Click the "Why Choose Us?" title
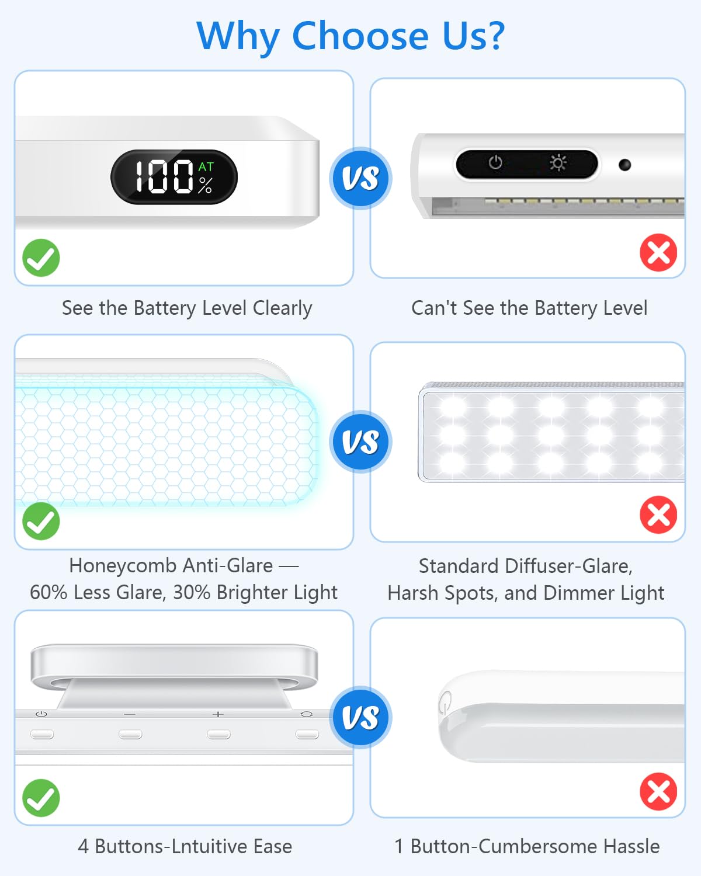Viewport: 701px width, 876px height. point(350,36)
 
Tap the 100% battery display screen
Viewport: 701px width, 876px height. point(174,177)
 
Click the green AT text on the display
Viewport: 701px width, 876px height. point(206,167)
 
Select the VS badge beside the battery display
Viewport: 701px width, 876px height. point(360,178)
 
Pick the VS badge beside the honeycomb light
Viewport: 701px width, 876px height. point(360,442)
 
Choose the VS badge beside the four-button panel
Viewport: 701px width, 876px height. point(360,718)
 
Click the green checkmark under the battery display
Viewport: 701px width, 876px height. point(41,258)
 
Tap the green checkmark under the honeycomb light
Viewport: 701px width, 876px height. point(41,521)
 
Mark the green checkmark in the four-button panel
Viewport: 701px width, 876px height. point(41,798)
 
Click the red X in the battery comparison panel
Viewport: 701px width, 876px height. point(658,253)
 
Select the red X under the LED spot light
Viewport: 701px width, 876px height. point(658,515)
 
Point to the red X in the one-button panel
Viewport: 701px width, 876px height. point(658,792)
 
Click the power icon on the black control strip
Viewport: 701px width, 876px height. point(495,162)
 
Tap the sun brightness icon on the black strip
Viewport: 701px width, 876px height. point(558,162)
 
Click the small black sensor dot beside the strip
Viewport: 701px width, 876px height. point(624,165)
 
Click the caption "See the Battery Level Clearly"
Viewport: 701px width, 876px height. point(187,308)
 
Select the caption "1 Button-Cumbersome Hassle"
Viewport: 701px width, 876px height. point(527,846)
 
